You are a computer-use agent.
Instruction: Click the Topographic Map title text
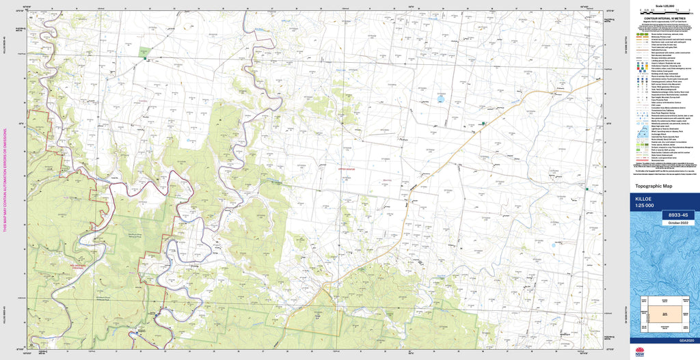click(x=654, y=186)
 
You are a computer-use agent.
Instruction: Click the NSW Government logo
click(x=640, y=352)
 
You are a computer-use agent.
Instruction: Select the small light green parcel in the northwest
click(x=144, y=52)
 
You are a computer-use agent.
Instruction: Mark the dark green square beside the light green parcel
click(x=146, y=59)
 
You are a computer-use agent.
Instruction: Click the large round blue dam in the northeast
click(x=441, y=98)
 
